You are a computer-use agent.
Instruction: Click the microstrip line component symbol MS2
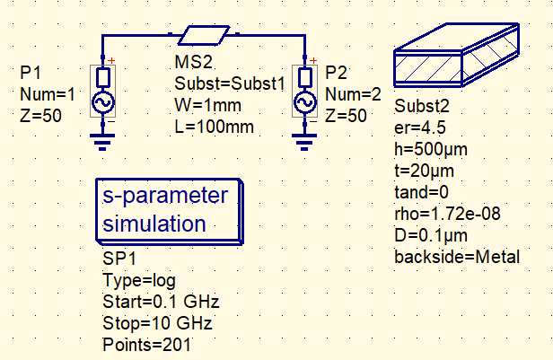201,36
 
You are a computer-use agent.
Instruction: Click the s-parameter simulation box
166,210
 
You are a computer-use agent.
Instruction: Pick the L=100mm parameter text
214,126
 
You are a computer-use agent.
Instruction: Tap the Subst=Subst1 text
229,86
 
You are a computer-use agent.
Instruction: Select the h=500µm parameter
431,148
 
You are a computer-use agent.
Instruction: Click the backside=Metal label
457,258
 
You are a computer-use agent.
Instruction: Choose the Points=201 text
147,344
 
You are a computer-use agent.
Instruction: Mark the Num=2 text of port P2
346,92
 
